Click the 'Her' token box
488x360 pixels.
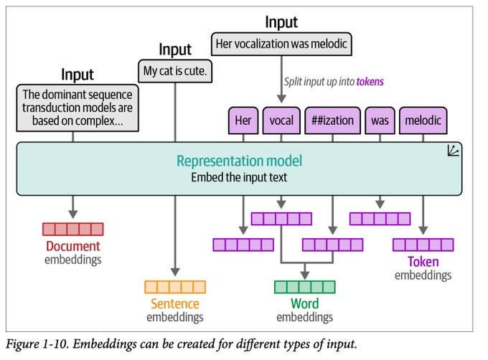[243, 120]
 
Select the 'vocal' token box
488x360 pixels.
[281, 120]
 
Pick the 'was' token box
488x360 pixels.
[379, 120]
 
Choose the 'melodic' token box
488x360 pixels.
[423, 120]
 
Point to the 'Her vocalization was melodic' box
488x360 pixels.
[281, 44]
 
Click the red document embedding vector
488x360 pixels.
[72, 229]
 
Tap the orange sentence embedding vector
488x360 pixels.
[175, 287]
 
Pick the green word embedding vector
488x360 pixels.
[304, 287]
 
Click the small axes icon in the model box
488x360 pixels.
[454, 151]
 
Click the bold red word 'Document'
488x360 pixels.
[72, 246]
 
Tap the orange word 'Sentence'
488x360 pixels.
[175, 303]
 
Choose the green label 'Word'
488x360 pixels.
[304, 303]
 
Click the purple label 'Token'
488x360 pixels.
[423, 262]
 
